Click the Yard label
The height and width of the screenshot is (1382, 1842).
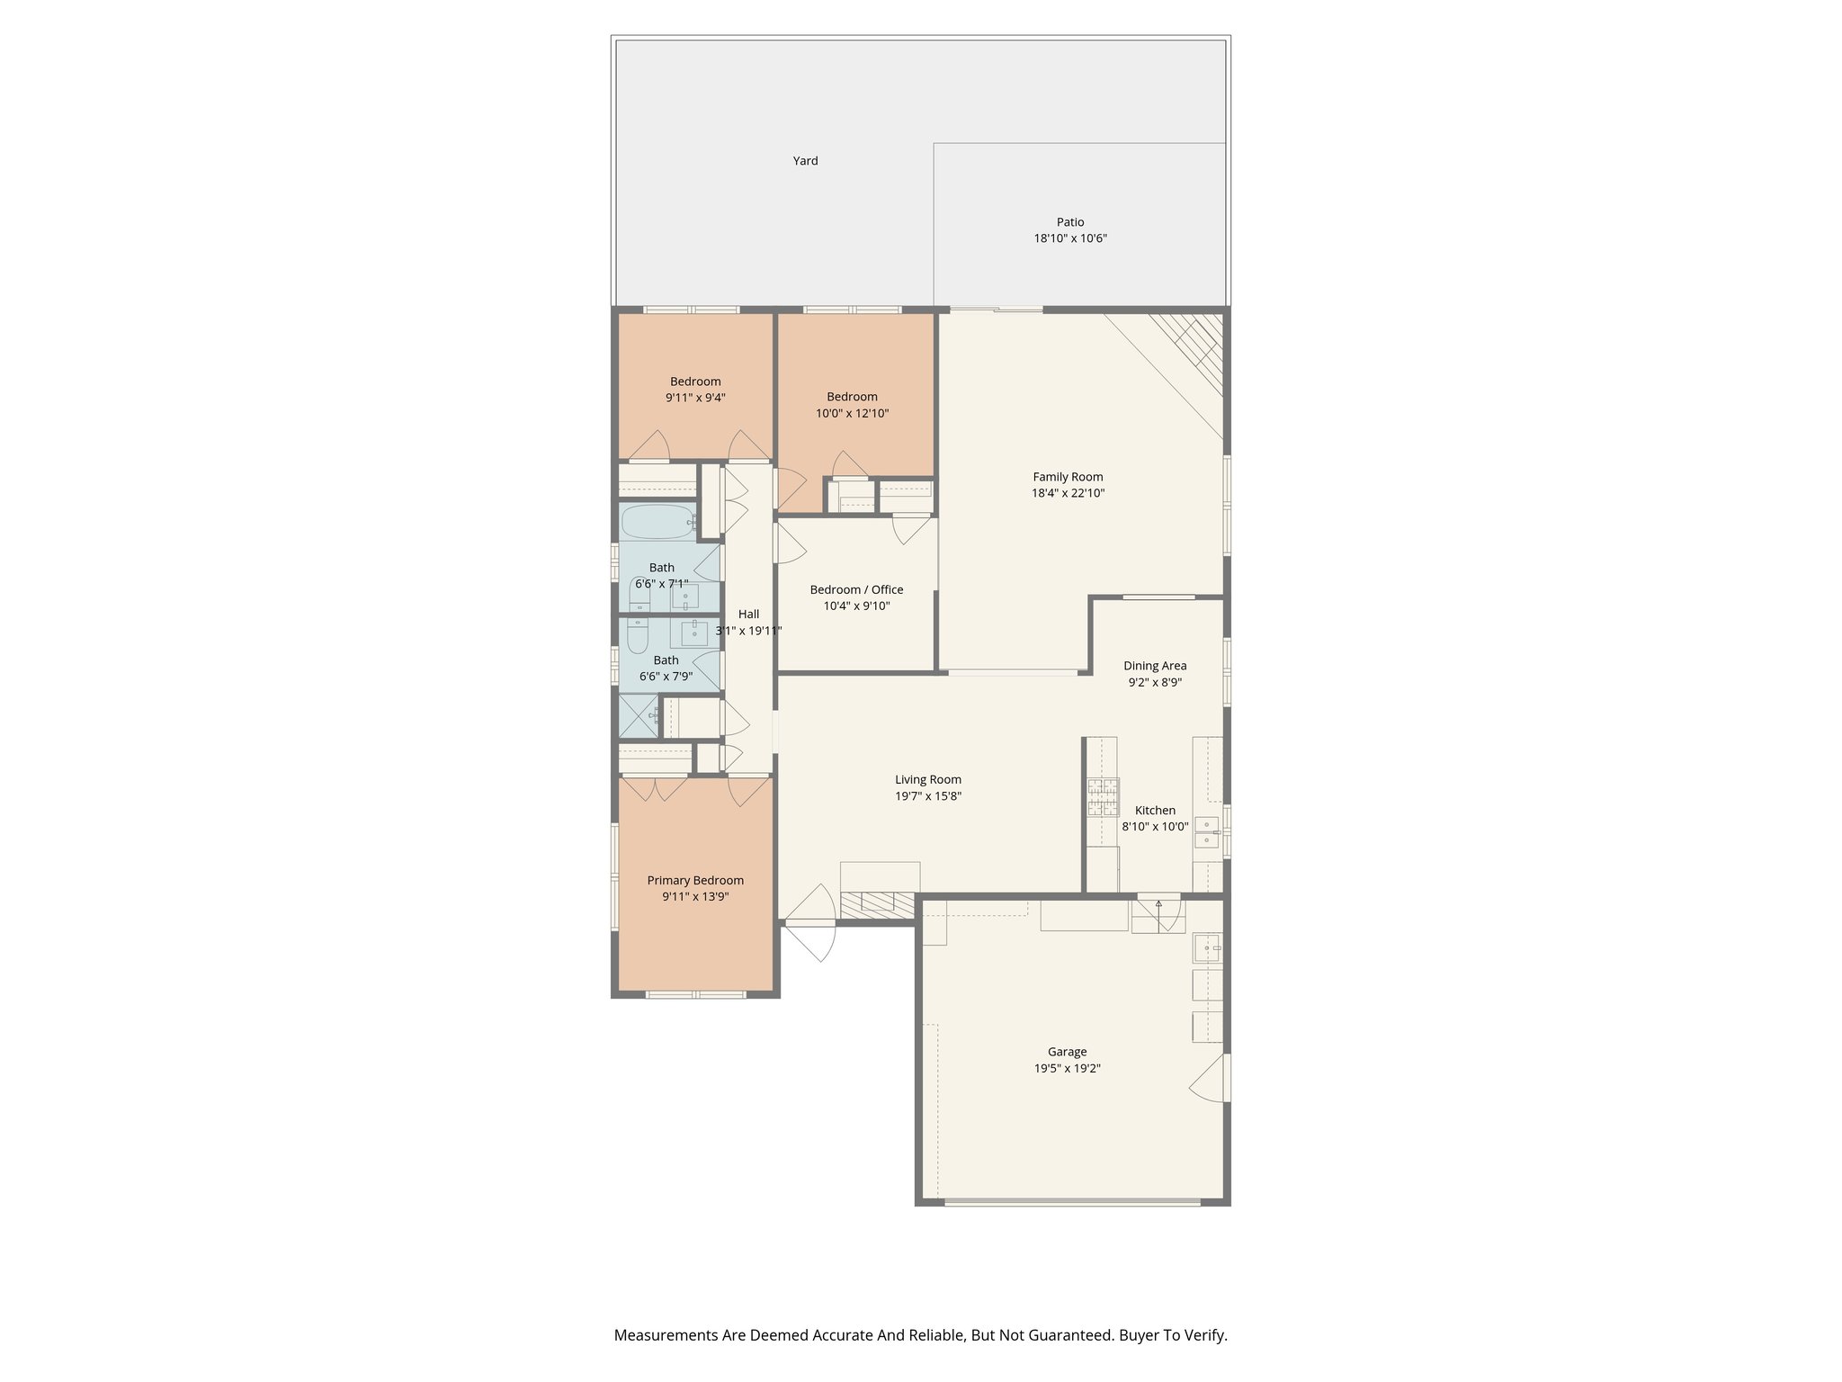[x=805, y=161]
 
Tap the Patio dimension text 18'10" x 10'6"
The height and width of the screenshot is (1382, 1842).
[x=1069, y=238]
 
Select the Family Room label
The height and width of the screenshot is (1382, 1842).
[x=1068, y=477]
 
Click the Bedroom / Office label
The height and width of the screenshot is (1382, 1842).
[x=856, y=589]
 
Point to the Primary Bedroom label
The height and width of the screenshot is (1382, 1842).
[x=695, y=880]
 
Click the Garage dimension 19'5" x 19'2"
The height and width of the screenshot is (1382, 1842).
[x=1067, y=1069]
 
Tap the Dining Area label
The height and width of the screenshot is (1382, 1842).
[x=1155, y=666]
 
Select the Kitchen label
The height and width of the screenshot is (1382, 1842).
[x=1155, y=810]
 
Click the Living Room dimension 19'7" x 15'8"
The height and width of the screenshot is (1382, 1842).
[x=928, y=796]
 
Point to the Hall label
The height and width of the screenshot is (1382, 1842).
[x=748, y=614]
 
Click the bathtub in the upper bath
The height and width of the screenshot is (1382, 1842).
[x=657, y=521]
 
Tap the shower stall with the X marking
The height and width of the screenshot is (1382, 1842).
[x=639, y=716]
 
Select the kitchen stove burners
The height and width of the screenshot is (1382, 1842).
[x=1103, y=797]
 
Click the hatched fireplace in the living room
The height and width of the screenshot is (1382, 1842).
[x=877, y=904]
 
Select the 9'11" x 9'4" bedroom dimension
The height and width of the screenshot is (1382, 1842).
[x=695, y=398]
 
